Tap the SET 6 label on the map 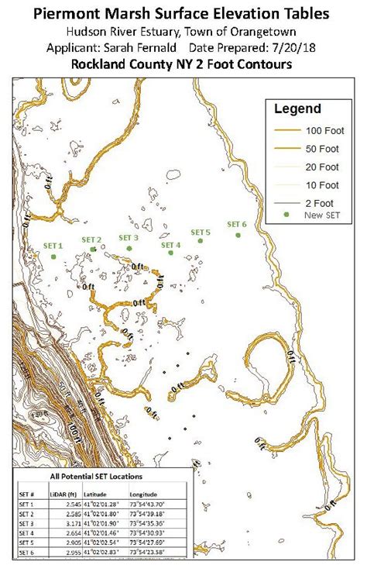coord(236,225)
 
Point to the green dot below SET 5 coord(200,240)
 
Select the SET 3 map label coord(129,237)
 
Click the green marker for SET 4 coord(169,253)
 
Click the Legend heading coord(299,109)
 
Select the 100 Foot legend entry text coord(318,130)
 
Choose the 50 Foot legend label coord(318,147)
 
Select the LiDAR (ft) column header coord(67,493)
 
